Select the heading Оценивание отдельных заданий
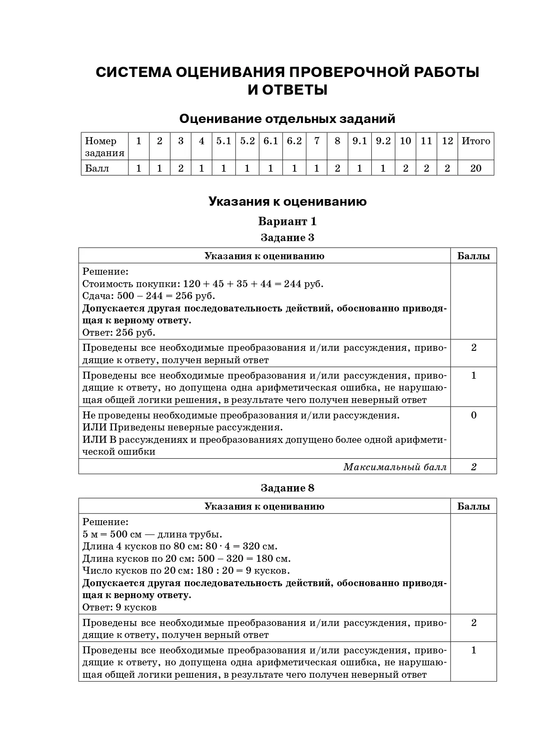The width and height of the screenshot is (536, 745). [287, 119]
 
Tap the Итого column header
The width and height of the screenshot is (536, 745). [476, 141]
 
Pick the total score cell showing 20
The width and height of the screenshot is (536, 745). [476, 169]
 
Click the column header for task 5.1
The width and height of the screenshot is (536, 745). [224, 141]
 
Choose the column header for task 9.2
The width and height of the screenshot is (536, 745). [383, 141]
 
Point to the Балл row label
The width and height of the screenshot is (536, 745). [97, 169]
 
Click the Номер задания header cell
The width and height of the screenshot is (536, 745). [104, 147]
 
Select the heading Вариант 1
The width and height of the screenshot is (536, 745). [287, 221]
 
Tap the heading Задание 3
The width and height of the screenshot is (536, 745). [287, 238]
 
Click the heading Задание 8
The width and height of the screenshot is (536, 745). [287, 488]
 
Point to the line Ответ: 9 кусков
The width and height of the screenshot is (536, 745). [120, 607]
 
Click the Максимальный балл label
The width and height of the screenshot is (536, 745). [395, 467]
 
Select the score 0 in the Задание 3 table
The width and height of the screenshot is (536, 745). [474, 415]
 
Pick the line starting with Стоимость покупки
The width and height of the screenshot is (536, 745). [203, 284]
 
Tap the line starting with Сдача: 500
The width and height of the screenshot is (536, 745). [149, 296]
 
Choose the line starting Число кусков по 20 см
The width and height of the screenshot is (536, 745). [186, 571]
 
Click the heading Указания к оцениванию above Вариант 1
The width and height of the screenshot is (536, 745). [287, 202]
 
